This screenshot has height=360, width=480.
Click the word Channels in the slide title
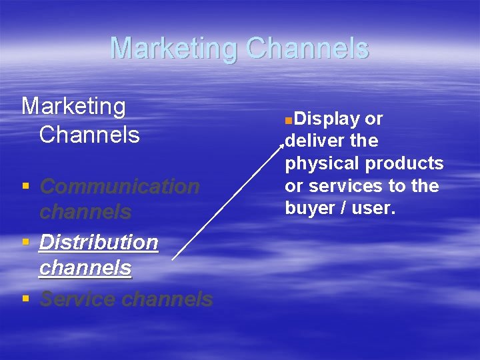tap(307, 49)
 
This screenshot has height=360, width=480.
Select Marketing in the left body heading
tap(73, 106)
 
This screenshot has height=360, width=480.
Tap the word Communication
tap(119, 187)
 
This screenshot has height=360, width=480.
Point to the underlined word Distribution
tap(99, 242)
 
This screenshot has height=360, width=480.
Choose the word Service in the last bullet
tap(78, 299)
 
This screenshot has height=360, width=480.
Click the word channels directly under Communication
tap(85, 212)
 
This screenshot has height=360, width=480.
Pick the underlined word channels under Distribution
tap(85, 268)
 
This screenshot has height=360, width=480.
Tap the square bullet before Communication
tap(25, 186)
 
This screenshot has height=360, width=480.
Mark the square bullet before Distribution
tap(25, 241)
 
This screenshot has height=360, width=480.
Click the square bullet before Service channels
tap(25, 299)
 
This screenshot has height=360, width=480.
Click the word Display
tap(325, 119)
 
